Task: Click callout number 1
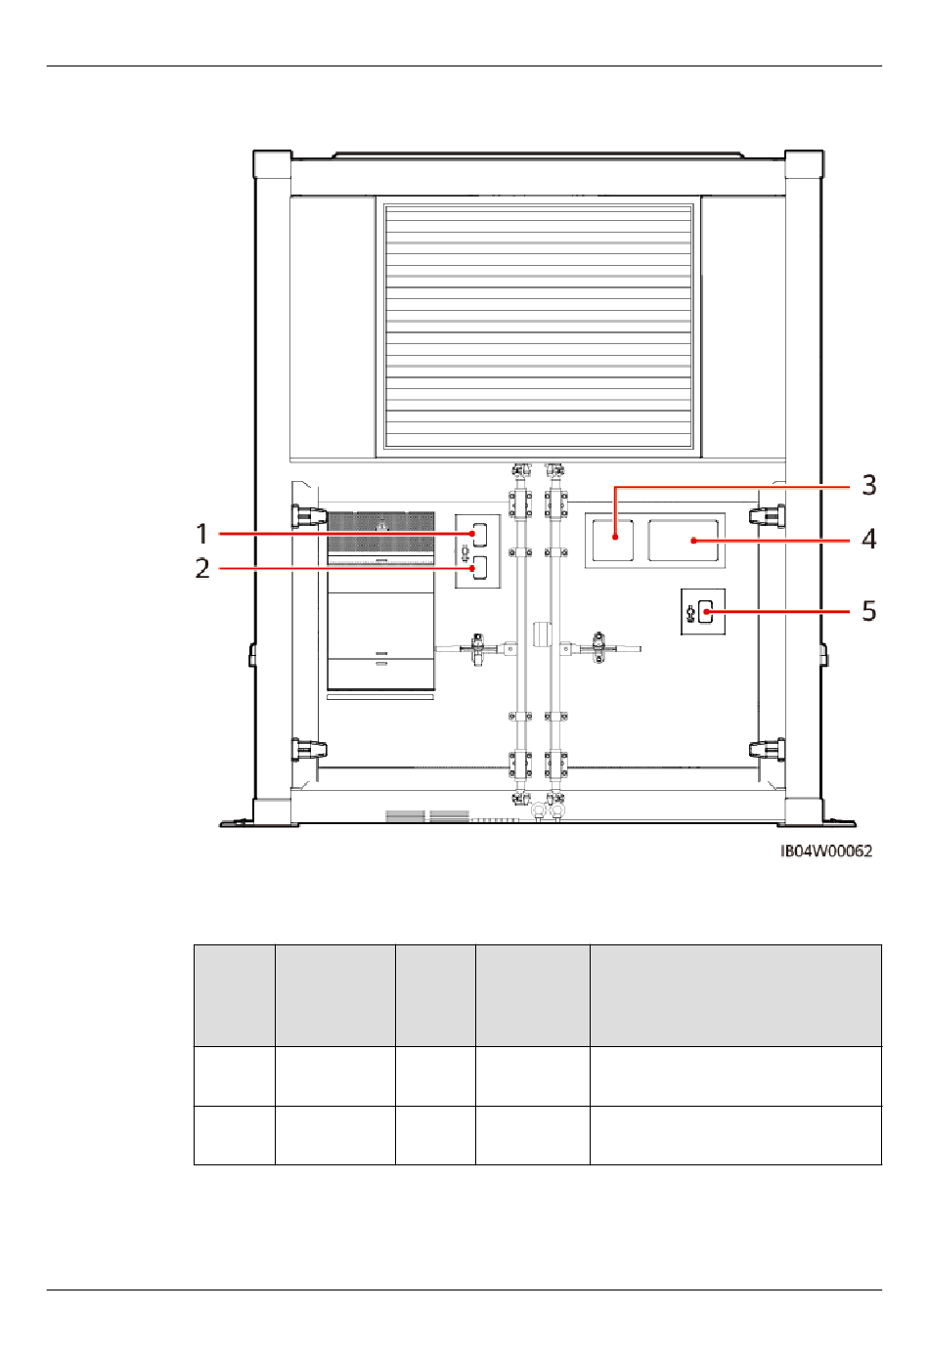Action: click(x=202, y=534)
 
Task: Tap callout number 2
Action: click(x=202, y=568)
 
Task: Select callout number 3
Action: click(x=869, y=485)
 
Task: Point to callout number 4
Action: click(x=869, y=539)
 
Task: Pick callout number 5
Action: click(x=869, y=611)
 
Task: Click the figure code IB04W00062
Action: click(x=826, y=852)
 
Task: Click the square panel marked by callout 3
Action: click(x=613, y=540)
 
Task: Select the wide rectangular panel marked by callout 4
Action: click(x=684, y=540)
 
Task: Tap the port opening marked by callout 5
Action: click(x=706, y=611)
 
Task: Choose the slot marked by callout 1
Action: click(x=480, y=533)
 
